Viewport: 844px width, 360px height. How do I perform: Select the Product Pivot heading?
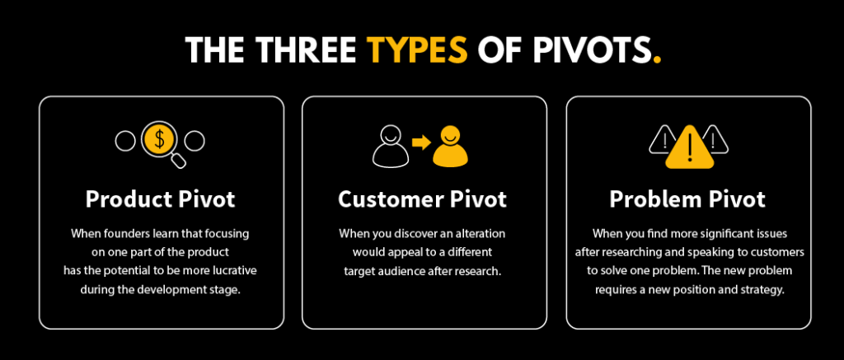click(x=161, y=199)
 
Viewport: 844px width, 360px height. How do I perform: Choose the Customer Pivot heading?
click(x=422, y=199)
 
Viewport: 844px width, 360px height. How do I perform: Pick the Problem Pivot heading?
click(x=687, y=199)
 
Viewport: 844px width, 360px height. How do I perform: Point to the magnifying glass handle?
click(x=177, y=161)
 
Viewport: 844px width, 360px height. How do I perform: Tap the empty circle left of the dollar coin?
click(x=124, y=142)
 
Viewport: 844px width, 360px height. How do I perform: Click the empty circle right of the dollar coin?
click(x=194, y=142)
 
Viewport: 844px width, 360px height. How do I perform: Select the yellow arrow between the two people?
click(x=422, y=143)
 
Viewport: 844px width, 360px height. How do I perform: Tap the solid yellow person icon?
click(x=452, y=145)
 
